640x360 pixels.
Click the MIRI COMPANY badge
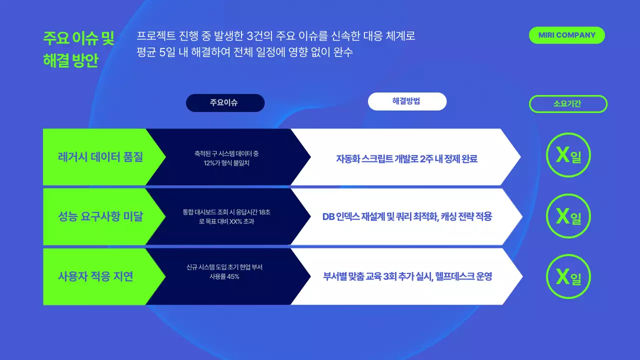tap(566, 35)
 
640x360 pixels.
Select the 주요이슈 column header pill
tap(225, 103)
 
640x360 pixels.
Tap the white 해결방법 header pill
tap(407, 101)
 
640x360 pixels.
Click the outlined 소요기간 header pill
tap(568, 104)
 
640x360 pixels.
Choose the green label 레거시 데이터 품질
tap(100, 157)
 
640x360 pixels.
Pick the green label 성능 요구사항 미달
tap(100, 216)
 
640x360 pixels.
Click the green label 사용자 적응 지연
tap(96, 276)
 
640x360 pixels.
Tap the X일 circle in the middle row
tap(568, 216)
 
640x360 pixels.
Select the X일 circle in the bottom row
tap(568, 276)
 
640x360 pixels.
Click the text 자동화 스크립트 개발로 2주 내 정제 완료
tap(406, 159)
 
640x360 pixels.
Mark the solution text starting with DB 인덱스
tap(407, 216)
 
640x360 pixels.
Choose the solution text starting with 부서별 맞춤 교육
tap(407, 276)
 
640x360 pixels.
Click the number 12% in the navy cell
tap(202, 163)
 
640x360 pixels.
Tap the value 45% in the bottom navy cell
tap(233, 276)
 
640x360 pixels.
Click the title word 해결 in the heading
tap(56, 60)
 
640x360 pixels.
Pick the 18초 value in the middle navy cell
tap(264, 212)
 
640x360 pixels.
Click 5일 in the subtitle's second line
tap(167, 52)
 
